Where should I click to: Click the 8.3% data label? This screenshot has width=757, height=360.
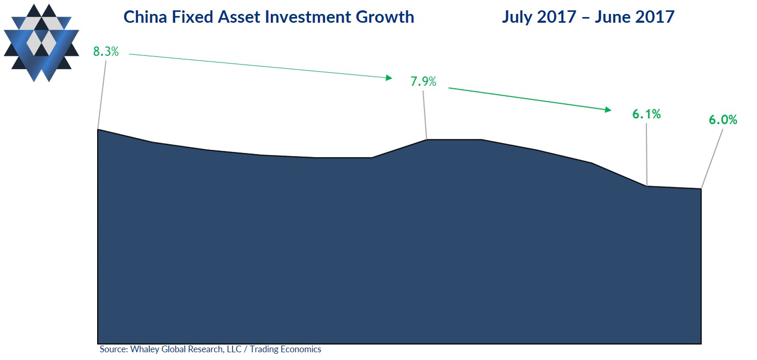click(106, 52)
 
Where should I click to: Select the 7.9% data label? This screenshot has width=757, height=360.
click(423, 82)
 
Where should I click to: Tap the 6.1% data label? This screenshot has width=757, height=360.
click(646, 114)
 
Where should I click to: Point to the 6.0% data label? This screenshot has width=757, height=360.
click(723, 120)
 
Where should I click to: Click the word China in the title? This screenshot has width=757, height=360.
click(144, 17)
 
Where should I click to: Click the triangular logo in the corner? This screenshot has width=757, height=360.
click(41, 43)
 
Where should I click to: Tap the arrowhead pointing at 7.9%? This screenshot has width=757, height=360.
click(389, 77)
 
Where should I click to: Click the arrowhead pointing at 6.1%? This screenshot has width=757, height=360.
click(608, 109)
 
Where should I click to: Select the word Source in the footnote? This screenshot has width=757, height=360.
click(113, 350)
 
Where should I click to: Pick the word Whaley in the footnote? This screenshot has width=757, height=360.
click(143, 350)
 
